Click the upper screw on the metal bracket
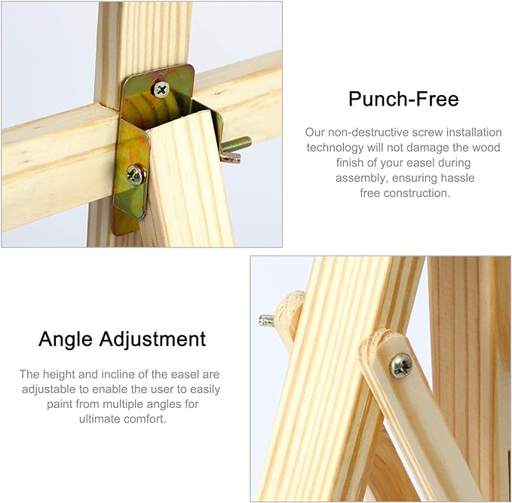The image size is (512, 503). (161, 89)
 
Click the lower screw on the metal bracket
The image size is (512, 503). (136, 175)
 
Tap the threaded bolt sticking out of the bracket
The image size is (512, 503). (238, 144)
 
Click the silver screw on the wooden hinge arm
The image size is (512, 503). (400, 366)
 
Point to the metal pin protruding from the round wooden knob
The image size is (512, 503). (266, 320)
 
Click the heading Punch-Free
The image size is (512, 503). (403, 99)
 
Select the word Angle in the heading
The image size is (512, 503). (66, 339)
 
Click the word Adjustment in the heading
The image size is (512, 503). (153, 339)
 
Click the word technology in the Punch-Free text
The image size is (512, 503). (335, 148)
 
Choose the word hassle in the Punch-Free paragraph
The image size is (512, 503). (458, 178)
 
